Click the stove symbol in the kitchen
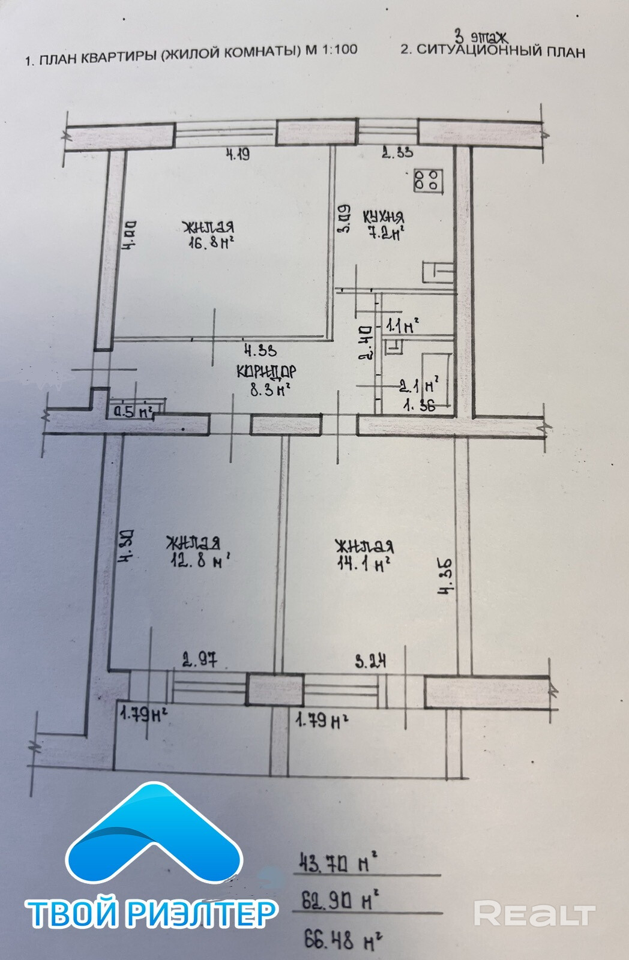pyautogui.click(x=428, y=180)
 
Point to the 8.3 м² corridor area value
pyautogui.click(x=270, y=389)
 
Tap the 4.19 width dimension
pyautogui.click(x=237, y=154)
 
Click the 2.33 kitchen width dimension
pyautogui.click(x=397, y=152)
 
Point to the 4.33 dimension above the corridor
pyautogui.click(x=259, y=349)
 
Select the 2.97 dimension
pyautogui.click(x=199, y=662)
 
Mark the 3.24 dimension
pyautogui.click(x=370, y=662)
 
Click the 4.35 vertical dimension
pyautogui.click(x=445, y=576)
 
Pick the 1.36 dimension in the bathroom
pyautogui.click(x=419, y=405)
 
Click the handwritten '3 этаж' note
pyautogui.click(x=481, y=37)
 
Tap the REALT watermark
pyautogui.click(x=534, y=914)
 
